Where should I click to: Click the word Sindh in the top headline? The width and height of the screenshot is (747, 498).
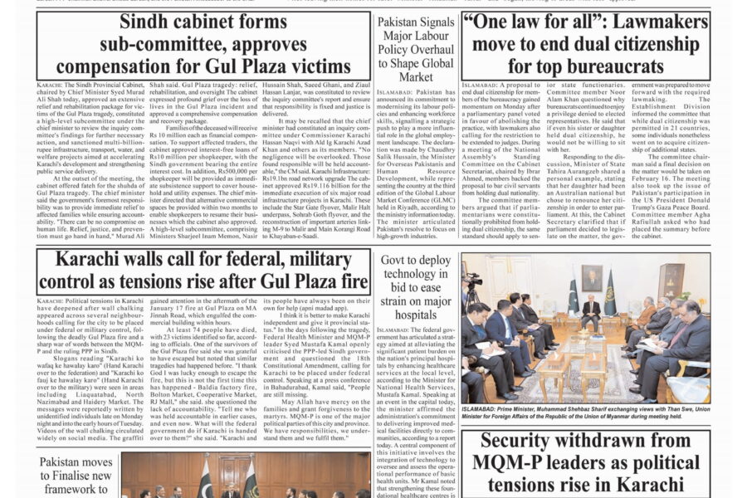[149, 22]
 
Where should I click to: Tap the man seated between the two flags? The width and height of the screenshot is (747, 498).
[591, 309]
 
